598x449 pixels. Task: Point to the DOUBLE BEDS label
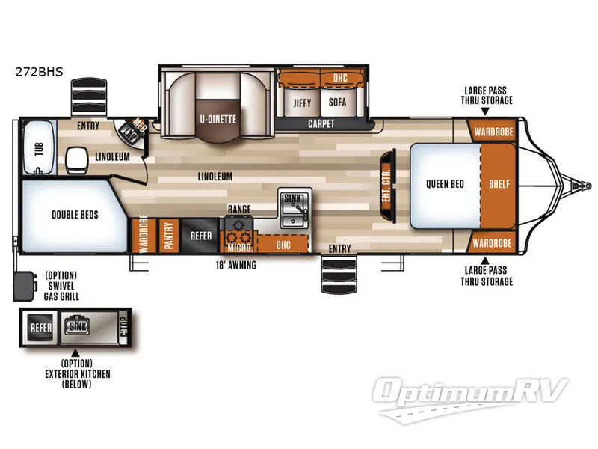(75, 215)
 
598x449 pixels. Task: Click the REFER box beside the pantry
(200, 236)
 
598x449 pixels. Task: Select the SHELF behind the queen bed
(499, 184)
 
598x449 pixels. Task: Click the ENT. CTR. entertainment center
(386, 186)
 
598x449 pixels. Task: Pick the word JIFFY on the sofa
(301, 103)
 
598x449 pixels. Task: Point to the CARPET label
(321, 124)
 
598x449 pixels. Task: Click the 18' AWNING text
(236, 265)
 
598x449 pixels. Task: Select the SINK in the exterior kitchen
(77, 326)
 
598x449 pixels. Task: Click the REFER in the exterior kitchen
(40, 326)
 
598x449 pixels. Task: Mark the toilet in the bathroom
(75, 159)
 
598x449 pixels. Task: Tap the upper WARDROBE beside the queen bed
(492, 132)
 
